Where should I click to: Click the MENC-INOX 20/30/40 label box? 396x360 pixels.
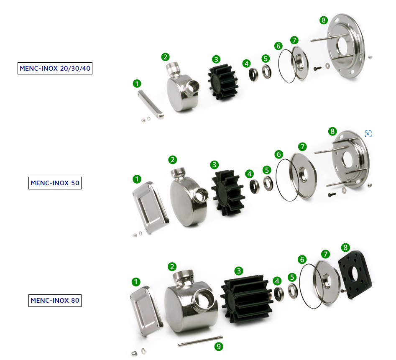[55, 68]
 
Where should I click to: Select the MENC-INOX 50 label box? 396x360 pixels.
[55, 183]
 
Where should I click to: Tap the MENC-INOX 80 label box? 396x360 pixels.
[55, 301]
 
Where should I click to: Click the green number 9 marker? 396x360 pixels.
[219, 346]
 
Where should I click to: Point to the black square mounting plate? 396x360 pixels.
[355, 274]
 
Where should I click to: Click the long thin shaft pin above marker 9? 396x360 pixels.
[200, 341]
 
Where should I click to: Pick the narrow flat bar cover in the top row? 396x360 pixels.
[151, 104]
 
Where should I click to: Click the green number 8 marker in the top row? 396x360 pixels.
[324, 20]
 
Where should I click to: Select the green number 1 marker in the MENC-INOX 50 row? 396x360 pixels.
[137, 179]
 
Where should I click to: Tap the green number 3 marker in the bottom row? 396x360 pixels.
[239, 271]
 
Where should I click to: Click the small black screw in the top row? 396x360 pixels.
[317, 68]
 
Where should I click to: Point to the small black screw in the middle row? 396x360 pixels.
[332, 195]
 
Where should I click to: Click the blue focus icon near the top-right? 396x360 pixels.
[368, 133]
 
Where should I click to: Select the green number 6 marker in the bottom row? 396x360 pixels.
[302, 259]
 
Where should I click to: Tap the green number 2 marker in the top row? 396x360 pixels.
[166, 57]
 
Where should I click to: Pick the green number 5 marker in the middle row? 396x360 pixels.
[267, 170]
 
